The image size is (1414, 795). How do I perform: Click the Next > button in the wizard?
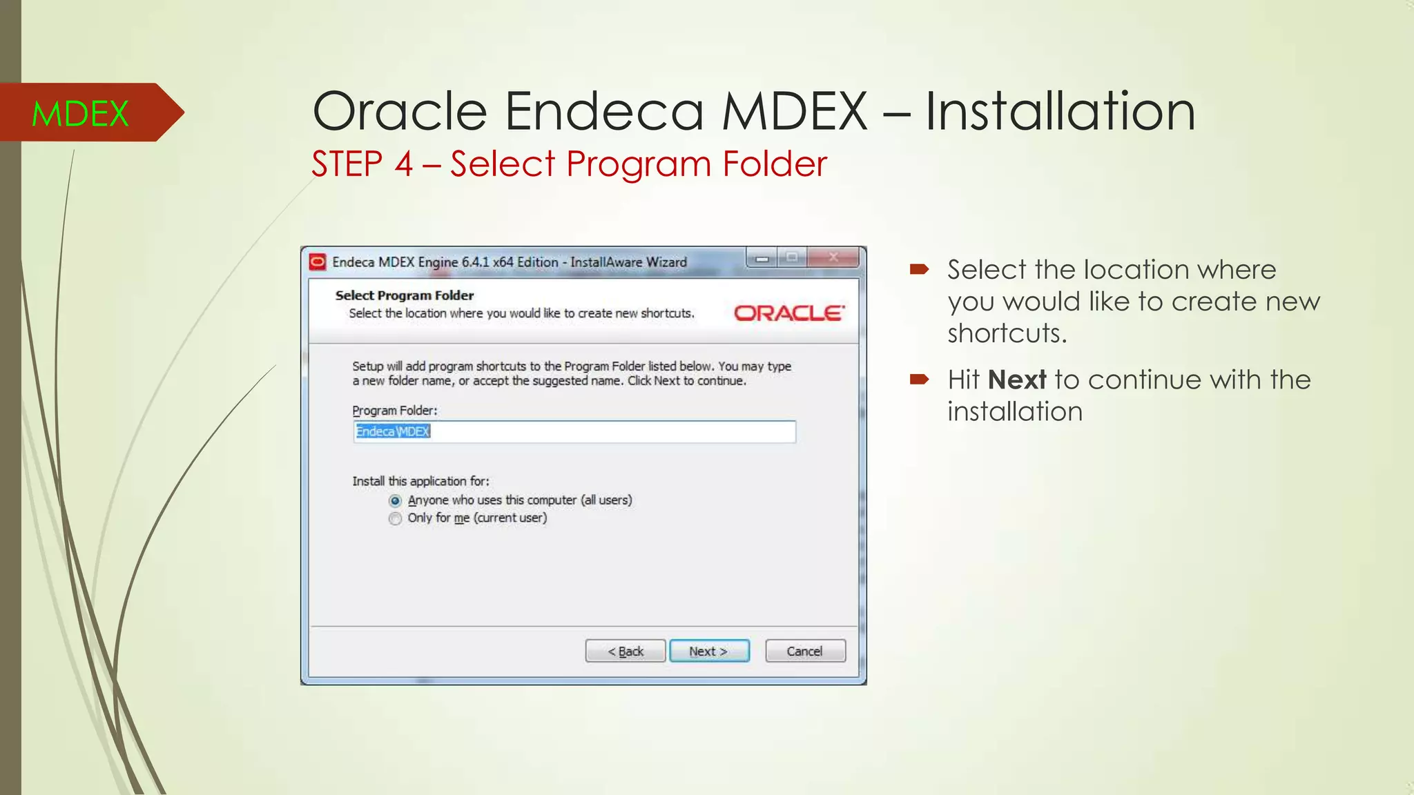coord(709,651)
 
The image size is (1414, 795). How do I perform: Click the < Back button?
coord(626,651)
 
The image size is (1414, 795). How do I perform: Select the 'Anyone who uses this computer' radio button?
coord(395,500)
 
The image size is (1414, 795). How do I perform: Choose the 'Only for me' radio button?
coord(395,518)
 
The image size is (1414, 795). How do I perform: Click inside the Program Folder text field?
coord(574,432)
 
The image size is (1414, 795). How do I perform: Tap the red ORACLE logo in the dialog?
coord(788,313)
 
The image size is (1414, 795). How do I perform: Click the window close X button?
coord(833,258)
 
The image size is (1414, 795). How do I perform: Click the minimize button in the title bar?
coord(762,259)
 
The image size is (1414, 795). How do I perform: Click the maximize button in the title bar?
coord(792,258)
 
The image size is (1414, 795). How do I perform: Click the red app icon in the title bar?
coord(318,262)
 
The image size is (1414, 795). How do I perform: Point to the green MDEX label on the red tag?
coord(80,113)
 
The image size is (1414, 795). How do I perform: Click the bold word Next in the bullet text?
coord(1017,380)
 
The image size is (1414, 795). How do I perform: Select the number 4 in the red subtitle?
coord(403,164)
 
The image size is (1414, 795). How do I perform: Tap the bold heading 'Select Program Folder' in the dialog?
coord(405,295)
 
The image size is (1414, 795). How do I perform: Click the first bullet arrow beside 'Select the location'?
coord(919,269)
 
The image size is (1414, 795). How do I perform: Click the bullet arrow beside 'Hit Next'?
coord(919,379)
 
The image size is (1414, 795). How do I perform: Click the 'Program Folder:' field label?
coord(395,411)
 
